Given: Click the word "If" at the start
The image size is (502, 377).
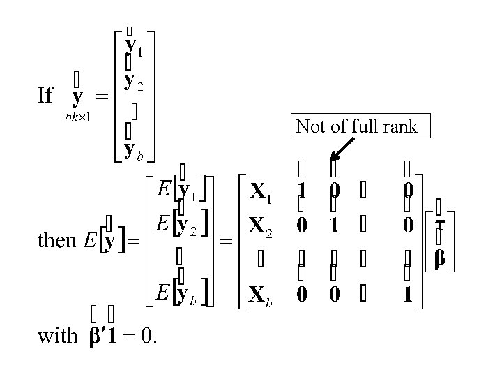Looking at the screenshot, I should pyautogui.click(x=45, y=95).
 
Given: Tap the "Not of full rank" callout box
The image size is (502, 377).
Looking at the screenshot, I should pyautogui.click(x=357, y=126).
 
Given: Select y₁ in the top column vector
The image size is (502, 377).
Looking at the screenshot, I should pyautogui.click(x=135, y=46).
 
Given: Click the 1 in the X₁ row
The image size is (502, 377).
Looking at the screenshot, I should pyautogui.click(x=301, y=191).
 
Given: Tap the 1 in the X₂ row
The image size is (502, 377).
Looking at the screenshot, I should pyautogui.click(x=335, y=226).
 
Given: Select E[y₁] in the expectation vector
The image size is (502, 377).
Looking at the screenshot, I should pyautogui.click(x=178, y=190).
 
